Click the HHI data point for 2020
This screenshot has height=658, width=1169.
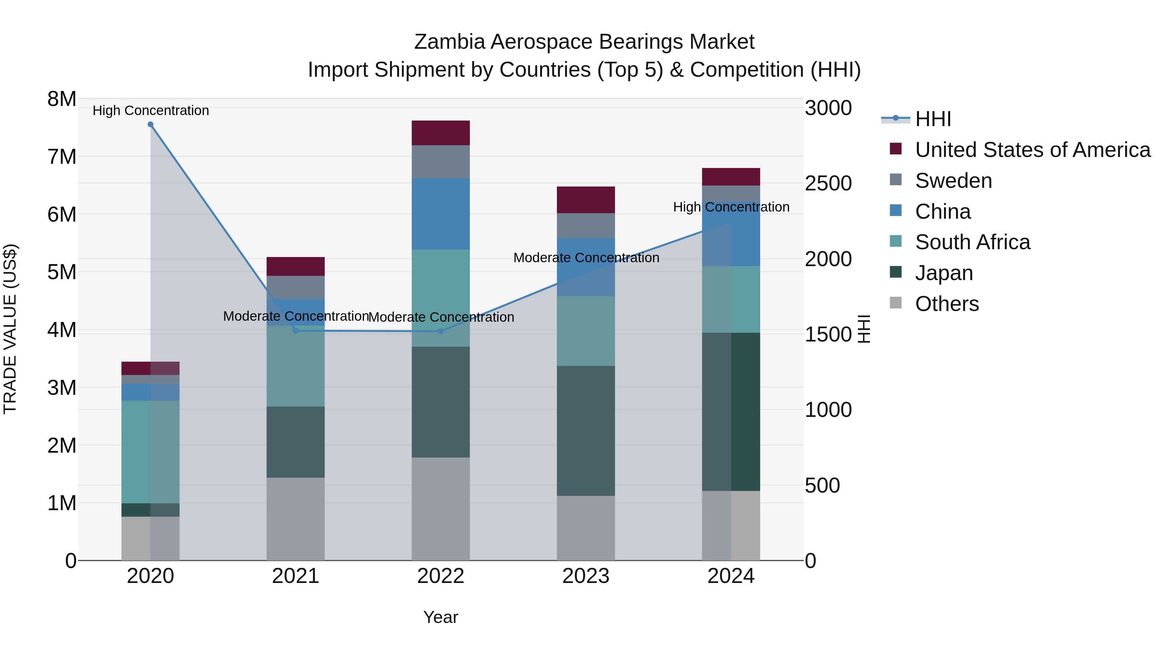point(151,124)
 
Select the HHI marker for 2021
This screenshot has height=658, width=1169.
point(296,330)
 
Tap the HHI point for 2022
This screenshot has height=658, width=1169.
point(441,331)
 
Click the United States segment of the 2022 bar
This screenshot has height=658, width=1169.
point(441,133)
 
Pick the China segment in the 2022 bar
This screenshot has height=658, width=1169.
point(441,214)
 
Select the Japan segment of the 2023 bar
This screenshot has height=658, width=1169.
point(586,431)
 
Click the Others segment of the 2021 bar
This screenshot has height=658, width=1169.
point(295,519)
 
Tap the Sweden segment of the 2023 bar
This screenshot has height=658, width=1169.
point(586,226)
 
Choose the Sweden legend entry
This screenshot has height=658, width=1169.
point(953,181)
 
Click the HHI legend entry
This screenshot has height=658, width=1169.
point(933,119)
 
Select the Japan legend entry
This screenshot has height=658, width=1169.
point(944,273)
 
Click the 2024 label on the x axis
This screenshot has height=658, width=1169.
point(731,576)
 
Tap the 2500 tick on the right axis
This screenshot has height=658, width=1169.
point(828,184)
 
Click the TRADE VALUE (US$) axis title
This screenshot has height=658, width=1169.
point(10,329)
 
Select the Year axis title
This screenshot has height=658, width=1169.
point(441,617)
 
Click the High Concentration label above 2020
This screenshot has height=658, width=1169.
point(151,110)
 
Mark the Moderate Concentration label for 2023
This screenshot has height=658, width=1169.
point(586,257)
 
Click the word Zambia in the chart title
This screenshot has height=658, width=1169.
point(450,42)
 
